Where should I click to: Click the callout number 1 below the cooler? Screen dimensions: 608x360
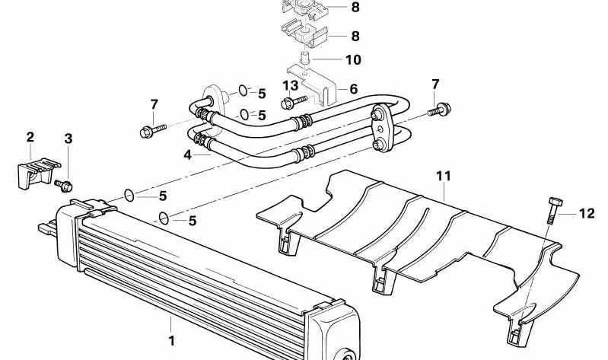click(x=171, y=341)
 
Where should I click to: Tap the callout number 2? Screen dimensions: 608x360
click(x=30, y=136)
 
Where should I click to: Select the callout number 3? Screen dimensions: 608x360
click(x=68, y=139)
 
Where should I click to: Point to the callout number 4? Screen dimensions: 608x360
click(x=188, y=155)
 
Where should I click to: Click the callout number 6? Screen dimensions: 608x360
click(x=354, y=89)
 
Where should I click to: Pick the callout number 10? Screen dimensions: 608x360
click(x=353, y=59)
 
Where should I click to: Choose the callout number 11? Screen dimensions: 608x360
click(x=444, y=176)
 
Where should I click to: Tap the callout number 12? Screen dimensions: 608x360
click(x=587, y=213)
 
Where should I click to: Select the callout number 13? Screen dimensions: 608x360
click(x=291, y=85)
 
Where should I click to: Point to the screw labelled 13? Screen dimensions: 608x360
click(x=294, y=103)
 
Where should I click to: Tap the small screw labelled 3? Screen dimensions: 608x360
click(x=64, y=186)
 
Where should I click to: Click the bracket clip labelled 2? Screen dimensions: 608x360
click(x=37, y=174)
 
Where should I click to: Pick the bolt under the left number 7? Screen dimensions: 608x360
click(x=152, y=130)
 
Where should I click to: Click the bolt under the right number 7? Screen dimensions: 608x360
click(x=439, y=109)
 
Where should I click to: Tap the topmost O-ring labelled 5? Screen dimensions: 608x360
click(x=243, y=91)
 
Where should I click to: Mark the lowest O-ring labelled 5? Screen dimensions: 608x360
click(x=164, y=218)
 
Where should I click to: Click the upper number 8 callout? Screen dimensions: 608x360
click(x=355, y=7)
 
